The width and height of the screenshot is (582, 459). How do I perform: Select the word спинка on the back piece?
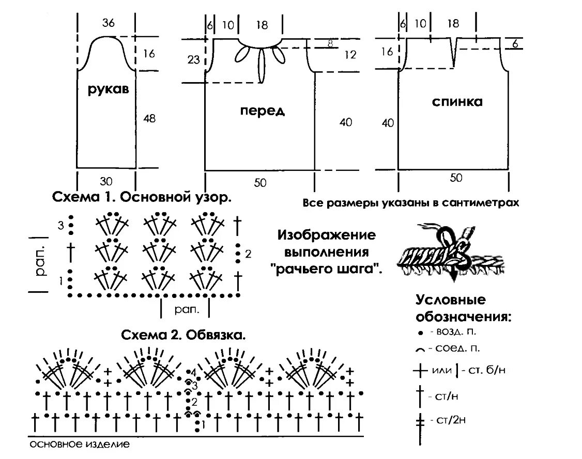pyautogui.click(x=457, y=102)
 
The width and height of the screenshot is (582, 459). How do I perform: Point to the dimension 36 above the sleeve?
pyautogui.click(x=108, y=23)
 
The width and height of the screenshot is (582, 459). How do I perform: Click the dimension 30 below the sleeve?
pyautogui.click(x=106, y=181)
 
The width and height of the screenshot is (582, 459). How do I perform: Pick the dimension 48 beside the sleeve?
pyautogui.click(x=149, y=119)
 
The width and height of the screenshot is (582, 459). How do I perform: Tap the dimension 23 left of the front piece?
pyautogui.click(x=194, y=59)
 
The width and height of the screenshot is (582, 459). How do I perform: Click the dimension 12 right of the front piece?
pyautogui.click(x=350, y=55)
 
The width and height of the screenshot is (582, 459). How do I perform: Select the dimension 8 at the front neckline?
pyautogui.click(x=329, y=44)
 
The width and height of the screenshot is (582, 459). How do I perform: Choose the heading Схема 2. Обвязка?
pyautogui.click(x=183, y=335)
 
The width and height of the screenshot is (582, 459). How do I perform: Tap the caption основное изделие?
pyautogui.click(x=79, y=444)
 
